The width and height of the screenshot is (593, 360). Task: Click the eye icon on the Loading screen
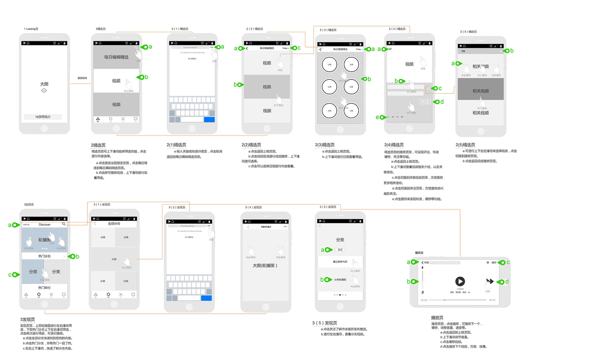(44, 90)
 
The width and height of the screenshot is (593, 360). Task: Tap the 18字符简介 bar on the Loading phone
(44, 116)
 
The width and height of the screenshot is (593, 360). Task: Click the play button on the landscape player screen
(460, 281)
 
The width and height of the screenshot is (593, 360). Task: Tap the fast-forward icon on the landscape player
(489, 281)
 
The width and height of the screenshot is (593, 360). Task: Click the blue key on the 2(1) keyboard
(209, 119)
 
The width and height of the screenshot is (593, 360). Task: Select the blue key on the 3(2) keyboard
(206, 298)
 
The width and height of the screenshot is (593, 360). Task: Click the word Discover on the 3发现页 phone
(44, 224)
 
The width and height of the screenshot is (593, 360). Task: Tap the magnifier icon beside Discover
(63, 224)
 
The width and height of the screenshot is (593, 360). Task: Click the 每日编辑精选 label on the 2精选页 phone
(116, 57)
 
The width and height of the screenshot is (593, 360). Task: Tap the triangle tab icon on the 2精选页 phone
(98, 119)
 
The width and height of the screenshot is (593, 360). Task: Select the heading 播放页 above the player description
(420, 317)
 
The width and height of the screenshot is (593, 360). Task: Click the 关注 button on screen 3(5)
(340, 249)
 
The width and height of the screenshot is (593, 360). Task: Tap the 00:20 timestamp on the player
(424, 299)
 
